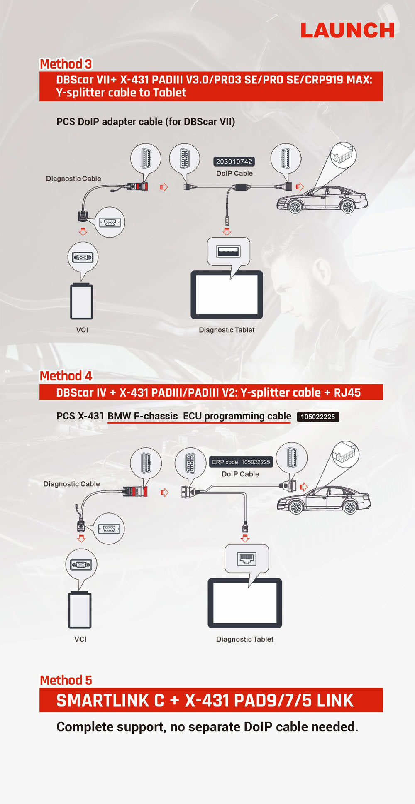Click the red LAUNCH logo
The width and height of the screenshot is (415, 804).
[x=347, y=30]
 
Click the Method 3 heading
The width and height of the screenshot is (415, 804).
[x=66, y=64]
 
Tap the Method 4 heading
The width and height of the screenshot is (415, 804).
[x=66, y=376]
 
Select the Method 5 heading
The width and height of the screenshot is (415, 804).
[x=66, y=680]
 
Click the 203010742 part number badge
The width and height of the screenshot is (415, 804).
[x=234, y=162]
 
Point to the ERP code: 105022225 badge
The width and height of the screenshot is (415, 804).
[x=241, y=462]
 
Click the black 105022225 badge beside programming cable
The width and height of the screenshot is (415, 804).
[x=318, y=417]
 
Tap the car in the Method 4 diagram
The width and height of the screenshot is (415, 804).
[x=324, y=500]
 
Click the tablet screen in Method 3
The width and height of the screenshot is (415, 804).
[x=227, y=294]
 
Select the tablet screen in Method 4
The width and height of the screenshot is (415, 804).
[x=245, y=603]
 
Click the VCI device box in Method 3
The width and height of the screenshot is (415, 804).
[x=82, y=301]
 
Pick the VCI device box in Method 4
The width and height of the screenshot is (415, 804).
[x=80, y=610]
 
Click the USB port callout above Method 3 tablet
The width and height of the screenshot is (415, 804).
[x=228, y=252]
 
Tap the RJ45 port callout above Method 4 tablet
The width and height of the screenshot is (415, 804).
[x=247, y=559]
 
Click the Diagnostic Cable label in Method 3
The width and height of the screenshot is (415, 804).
[x=73, y=179]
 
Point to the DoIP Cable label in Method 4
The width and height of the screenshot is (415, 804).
[x=240, y=474]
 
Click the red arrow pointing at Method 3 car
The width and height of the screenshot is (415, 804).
[x=300, y=187]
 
